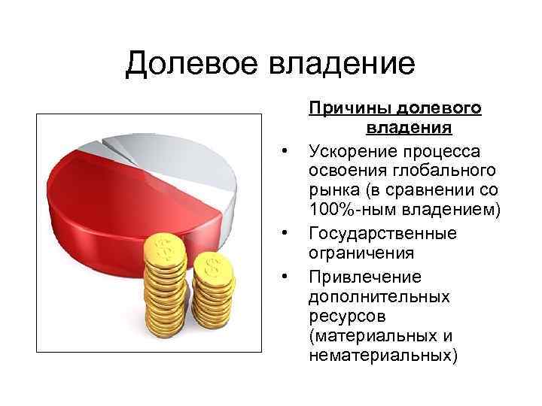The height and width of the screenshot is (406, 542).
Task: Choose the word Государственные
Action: [x=382, y=232]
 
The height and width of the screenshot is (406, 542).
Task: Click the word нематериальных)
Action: [x=382, y=355]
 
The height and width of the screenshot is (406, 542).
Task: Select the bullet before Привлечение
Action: [x=285, y=277]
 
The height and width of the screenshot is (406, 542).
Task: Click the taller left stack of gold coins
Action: [x=163, y=286]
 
